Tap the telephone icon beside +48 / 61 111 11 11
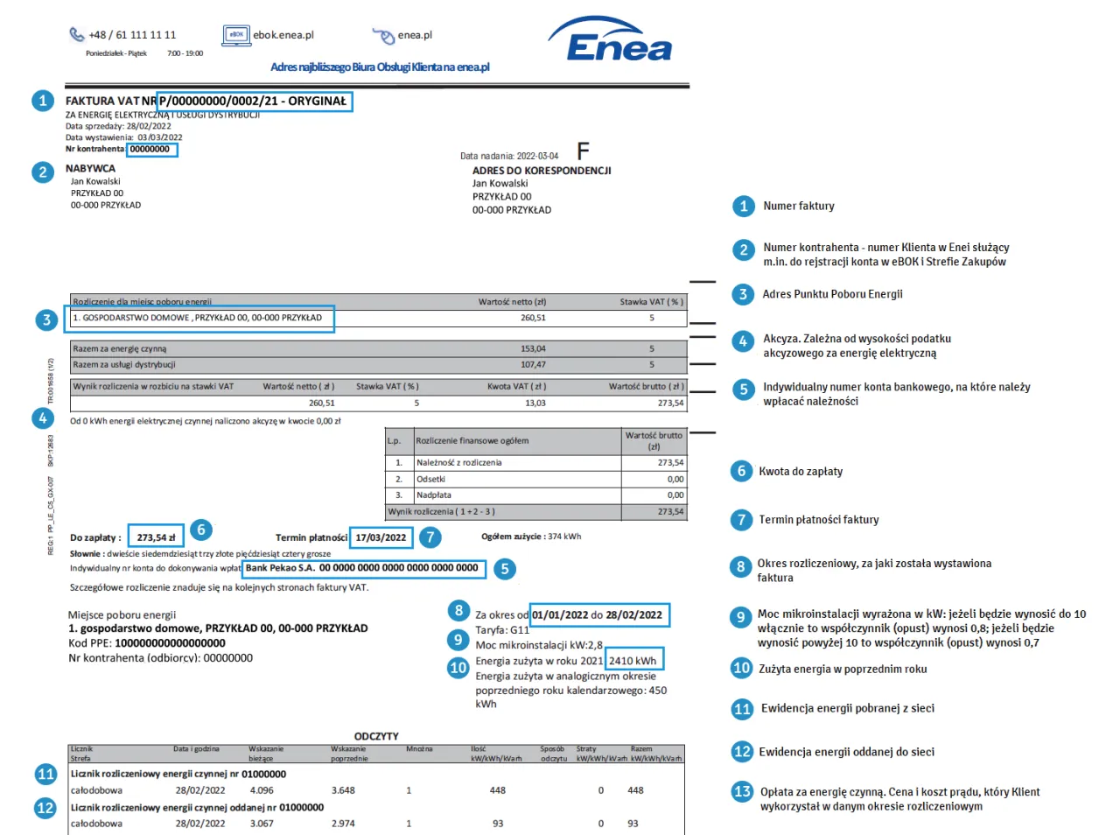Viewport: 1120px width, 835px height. coord(77,35)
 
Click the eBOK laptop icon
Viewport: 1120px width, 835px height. coord(236,35)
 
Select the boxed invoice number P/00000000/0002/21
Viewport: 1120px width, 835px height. coord(254,102)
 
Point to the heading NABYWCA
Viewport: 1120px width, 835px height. coord(90,169)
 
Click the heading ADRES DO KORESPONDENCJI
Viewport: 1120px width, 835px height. coord(542,171)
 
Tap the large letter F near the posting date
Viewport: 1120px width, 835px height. coord(583,151)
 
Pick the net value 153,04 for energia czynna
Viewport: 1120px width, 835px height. coord(533,348)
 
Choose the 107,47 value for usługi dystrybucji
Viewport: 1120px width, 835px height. coord(533,365)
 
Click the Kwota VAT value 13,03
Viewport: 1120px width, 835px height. coord(535,403)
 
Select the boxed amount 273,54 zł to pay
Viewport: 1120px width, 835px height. coord(156,537)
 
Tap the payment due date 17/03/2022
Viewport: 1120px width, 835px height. coord(381,537)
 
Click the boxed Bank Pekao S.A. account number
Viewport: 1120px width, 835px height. coord(362,568)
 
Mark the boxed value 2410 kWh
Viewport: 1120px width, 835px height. coord(633,661)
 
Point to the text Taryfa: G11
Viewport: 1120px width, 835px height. coord(502,630)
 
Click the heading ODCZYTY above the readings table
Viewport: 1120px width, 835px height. coord(376,736)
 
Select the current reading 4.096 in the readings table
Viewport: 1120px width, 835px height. coord(262,790)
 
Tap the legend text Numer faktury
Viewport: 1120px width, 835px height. coord(798,207)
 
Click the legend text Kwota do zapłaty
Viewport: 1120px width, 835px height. coord(801,472)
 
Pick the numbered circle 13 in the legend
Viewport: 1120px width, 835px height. coord(742,792)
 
